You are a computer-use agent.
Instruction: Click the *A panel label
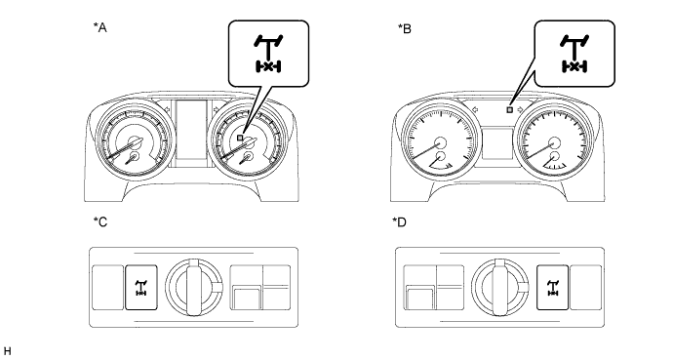pos(100,28)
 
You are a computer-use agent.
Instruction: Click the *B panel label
pos(405,28)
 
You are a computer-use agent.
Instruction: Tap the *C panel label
pos(100,222)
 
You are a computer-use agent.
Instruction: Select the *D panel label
pos(399,222)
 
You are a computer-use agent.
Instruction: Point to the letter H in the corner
pos(7,350)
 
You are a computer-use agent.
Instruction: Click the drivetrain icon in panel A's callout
pos(268,54)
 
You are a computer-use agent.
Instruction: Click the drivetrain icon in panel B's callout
pos(574,54)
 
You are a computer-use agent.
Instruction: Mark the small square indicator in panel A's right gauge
pos(240,138)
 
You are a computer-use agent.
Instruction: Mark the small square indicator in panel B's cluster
pos(510,110)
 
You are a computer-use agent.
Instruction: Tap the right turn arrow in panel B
pos(521,110)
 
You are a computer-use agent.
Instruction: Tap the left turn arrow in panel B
pos(475,110)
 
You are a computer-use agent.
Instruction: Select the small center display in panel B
pos(497,142)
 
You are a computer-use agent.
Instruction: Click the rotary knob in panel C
pos(194,287)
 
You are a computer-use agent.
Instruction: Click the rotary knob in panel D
pos(500,287)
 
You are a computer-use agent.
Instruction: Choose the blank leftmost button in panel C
pos(108,288)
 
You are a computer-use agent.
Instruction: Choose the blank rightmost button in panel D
pos(586,288)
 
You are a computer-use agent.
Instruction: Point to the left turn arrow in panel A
pos(167,110)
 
